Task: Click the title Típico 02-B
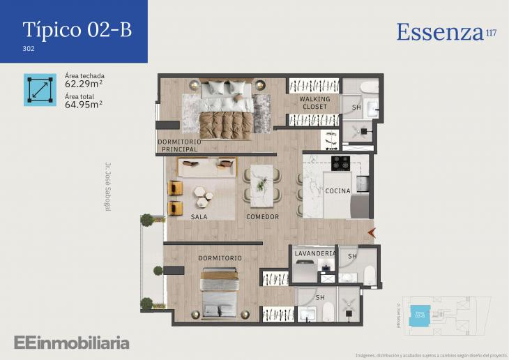[x=77, y=29]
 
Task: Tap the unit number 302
[x=29, y=50]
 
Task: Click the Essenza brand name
[x=440, y=32]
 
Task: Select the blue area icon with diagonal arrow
[x=40, y=90]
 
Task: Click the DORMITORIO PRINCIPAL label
[x=181, y=146]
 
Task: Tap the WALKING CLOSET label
[x=314, y=103]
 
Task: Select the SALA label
[x=199, y=217]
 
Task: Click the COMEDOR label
[x=262, y=217]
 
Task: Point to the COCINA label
[x=337, y=191]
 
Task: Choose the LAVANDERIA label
[x=315, y=254]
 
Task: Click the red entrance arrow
[x=372, y=232]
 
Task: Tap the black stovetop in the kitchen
[x=340, y=163]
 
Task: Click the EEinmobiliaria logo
[x=72, y=343]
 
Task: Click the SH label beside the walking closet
[x=356, y=107]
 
